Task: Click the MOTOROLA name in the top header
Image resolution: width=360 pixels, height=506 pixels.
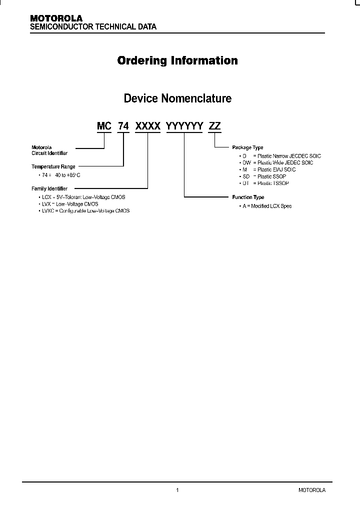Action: tap(56, 18)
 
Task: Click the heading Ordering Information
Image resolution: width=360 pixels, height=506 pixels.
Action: tap(177, 60)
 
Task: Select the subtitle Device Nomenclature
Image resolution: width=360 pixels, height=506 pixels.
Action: tap(177, 98)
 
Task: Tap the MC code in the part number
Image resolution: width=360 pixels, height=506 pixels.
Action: tap(104, 126)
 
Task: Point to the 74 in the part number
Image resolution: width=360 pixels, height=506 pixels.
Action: tap(123, 126)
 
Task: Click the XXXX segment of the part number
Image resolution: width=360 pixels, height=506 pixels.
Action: tap(148, 126)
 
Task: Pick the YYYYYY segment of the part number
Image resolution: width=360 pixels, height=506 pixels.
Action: tap(184, 126)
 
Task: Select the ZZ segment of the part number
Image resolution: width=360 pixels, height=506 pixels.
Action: tap(214, 126)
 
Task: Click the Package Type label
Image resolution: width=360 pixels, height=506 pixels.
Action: tap(247, 148)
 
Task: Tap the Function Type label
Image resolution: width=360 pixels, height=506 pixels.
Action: tap(248, 197)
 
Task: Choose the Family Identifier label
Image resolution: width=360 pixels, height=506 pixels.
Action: tap(49, 188)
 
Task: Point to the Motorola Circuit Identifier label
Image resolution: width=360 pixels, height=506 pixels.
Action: tap(49, 150)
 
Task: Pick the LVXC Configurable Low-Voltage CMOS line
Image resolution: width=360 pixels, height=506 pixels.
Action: tap(84, 211)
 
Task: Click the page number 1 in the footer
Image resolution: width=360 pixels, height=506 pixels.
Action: tap(177, 490)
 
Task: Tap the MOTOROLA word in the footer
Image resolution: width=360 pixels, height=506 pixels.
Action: tap(312, 490)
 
